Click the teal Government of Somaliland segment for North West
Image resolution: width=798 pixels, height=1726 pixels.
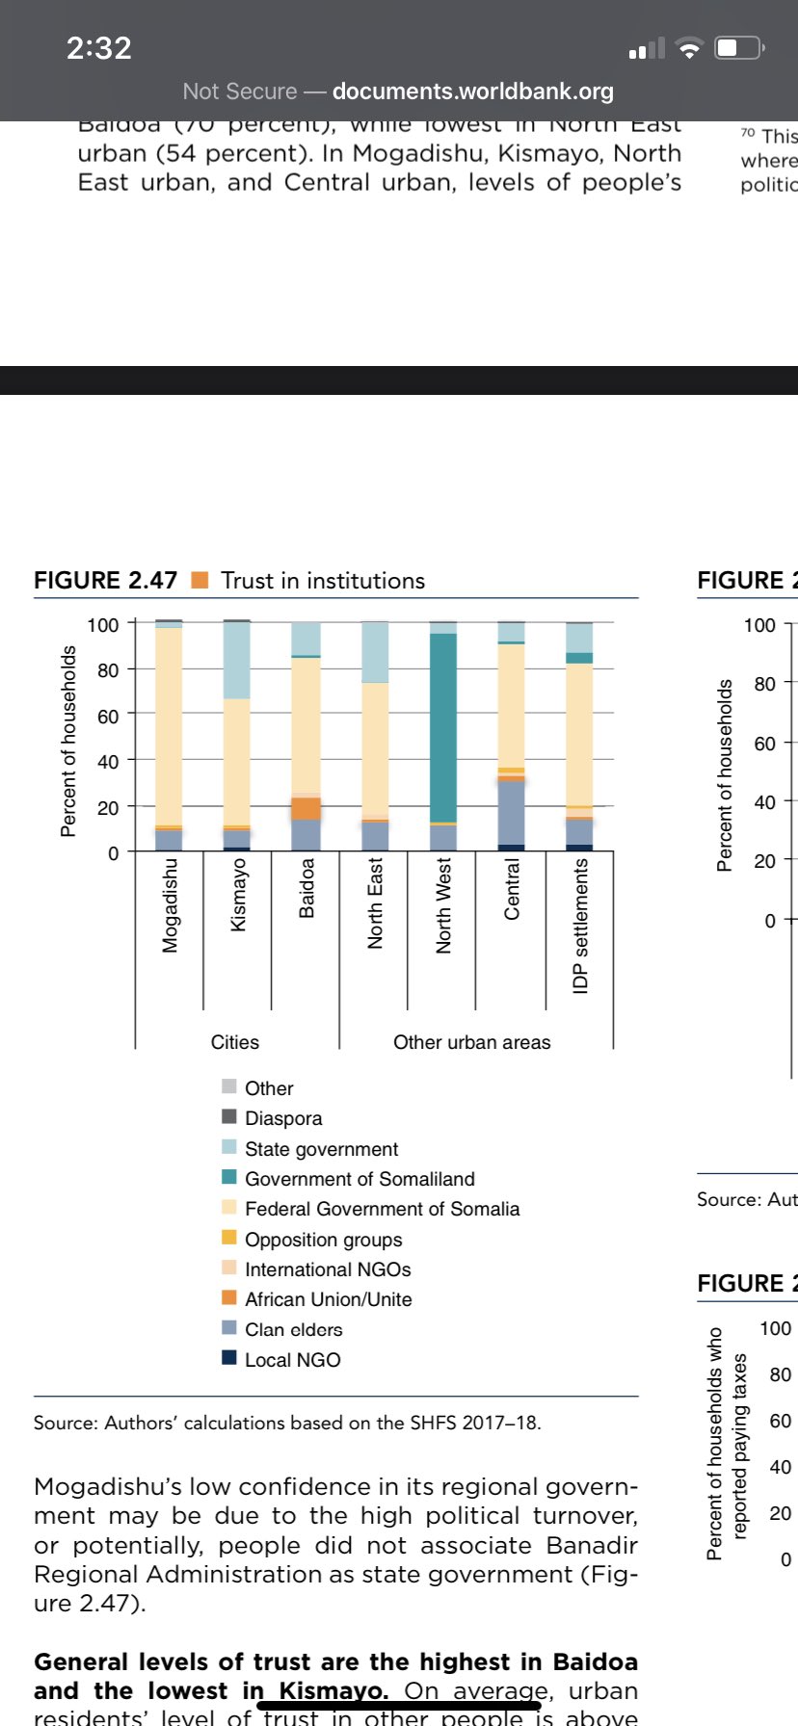coord(443,727)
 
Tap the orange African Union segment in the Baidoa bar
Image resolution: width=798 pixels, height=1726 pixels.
coord(306,809)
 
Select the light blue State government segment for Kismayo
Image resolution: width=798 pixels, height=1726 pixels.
coord(237,661)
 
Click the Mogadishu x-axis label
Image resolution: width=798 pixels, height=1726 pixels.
coord(171,905)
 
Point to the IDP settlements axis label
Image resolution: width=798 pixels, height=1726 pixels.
coord(580,927)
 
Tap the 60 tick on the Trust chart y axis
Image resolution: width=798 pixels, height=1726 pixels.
coord(108,716)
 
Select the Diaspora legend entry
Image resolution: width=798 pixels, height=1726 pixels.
coord(283,1118)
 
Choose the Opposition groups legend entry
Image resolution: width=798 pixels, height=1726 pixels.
coord(323,1240)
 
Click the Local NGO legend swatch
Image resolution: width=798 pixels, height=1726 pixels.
coord(229,1358)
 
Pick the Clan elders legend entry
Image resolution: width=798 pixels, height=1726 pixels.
coord(293,1329)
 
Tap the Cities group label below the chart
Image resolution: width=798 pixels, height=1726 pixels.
coord(235,1042)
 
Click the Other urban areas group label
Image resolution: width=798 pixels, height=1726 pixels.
coord(471,1042)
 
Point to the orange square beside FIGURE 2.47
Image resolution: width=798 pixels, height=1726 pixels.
coord(200,580)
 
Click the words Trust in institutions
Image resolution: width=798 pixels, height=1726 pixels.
coord(323,581)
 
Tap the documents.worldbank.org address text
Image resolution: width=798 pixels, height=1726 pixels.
coord(472,92)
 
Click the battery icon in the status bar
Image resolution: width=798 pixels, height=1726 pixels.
coord(739,48)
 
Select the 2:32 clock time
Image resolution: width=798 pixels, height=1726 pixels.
coord(98,48)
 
